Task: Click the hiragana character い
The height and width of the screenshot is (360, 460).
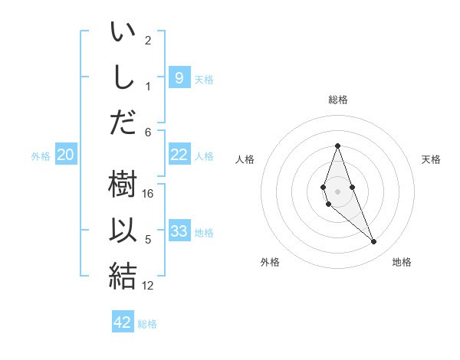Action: click(x=123, y=34)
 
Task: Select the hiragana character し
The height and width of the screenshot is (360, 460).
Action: click(x=123, y=77)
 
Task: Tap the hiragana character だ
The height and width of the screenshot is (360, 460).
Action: click(x=123, y=120)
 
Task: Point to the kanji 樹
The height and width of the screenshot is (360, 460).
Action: click(x=123, y=186)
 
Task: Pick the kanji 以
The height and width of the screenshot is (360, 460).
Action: click(x=123, y=231)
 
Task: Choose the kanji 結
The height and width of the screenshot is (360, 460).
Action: click(x=123, y=275)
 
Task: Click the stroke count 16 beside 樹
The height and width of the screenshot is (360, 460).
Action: click(x=149, y=193)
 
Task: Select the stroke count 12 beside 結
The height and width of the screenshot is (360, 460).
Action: click(x=149, y=286)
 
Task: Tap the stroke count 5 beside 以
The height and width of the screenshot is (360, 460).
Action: click(x=148, y=240)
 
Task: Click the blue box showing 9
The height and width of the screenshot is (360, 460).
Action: click(x=179, y=77)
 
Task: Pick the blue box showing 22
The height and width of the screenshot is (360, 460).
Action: click(x=179, y=155)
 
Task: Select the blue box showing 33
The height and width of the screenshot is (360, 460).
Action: click(x=179, y=231)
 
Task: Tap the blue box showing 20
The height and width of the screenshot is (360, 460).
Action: click(x=66, y=155)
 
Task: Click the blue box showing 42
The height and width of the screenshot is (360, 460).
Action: click(x=123, y=322)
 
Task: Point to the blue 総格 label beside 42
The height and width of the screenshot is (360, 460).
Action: click(x=147, y=324)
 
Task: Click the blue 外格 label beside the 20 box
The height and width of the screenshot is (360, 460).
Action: click(x=41, y=156)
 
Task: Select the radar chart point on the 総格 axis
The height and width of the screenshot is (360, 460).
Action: click(x=337, y=146)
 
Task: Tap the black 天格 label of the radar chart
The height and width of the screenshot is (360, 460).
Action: click(x=431, y=159)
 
